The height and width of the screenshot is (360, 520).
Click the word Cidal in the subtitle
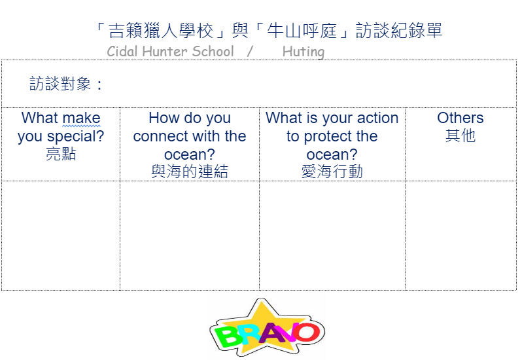tap(122, 52)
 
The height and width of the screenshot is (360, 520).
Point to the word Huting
tap(303, 52)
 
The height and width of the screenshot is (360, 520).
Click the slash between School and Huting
tap(250, 52)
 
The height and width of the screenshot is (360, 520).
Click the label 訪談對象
tap(60, 83)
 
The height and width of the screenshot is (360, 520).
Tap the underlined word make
tap(81, 118)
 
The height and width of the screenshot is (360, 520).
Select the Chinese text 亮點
tap(61, 154)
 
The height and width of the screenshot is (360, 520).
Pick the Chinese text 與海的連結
tap(190, 171)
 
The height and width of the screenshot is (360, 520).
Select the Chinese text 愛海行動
tap(332, 171)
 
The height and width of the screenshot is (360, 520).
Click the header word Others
tap(460, 118)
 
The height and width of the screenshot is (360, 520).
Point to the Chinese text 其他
tap(460, 135)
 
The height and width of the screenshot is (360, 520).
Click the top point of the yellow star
tap(262, 298)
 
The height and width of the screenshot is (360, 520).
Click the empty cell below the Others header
tap(460, 236)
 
